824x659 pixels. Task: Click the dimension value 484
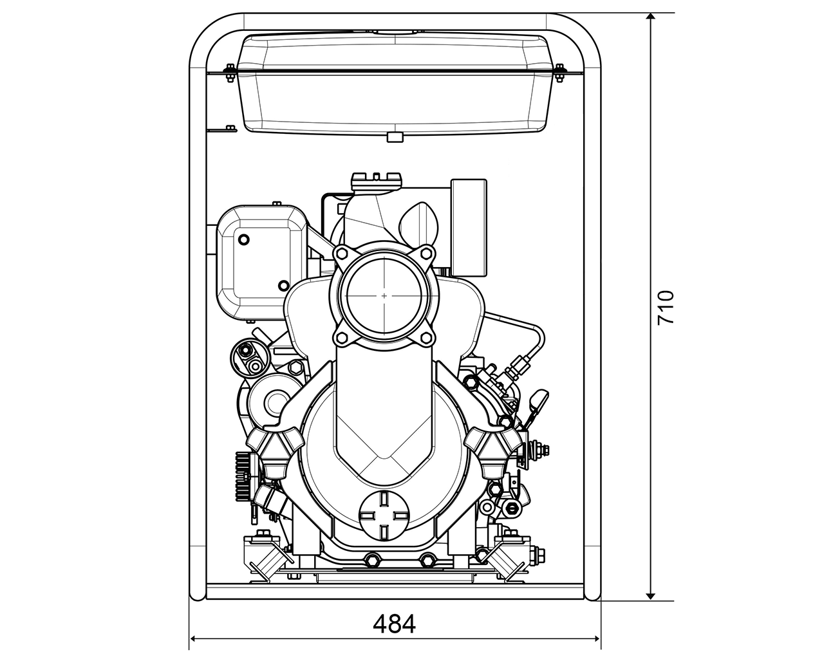(x=395, y=624)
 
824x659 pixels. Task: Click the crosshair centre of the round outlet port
(x=384, y=296)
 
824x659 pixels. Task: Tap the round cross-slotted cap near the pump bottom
(x=383, y=515)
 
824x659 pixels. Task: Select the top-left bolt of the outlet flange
(x=341, y=254)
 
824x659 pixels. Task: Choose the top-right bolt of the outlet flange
(x=426, y=254)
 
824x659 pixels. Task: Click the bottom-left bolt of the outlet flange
(x=341, y=339)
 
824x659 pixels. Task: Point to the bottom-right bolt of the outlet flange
(x=426, y=339)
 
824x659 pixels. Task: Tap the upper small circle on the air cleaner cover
(x=243, y=240)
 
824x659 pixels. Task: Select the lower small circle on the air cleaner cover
(x=283, y=285)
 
